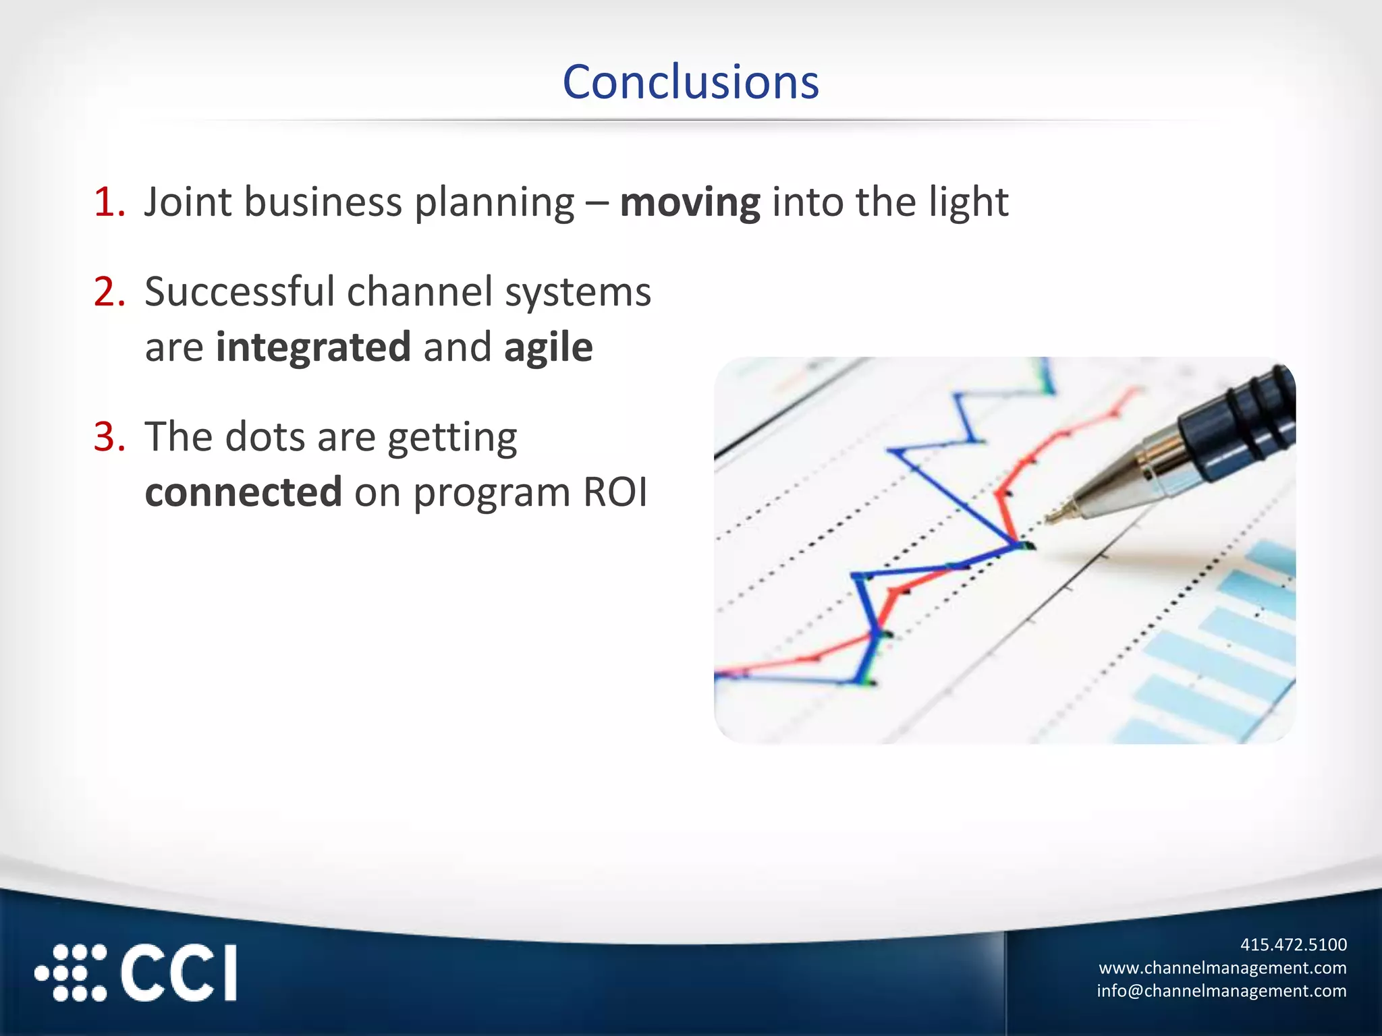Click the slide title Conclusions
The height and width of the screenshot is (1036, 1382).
(x=690, y=82)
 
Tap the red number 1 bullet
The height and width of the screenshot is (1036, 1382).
(x=108, y=202)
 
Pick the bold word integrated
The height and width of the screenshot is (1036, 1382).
(x=313, y=348)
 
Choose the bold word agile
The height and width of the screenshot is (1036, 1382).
(x=548, y=348)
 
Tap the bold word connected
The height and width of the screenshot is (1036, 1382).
(x=244, y=492)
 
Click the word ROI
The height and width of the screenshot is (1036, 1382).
(x=615, y=492)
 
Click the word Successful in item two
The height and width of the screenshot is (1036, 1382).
(x=240, y=292)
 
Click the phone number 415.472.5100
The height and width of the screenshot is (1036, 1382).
(x=1293, y=944)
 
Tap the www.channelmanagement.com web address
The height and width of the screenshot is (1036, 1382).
(x=1222, y=968)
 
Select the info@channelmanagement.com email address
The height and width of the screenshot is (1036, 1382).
(x=1221, y=991)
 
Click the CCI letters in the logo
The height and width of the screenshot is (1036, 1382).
(x=179, y=973)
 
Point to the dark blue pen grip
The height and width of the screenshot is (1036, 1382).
(x=1242, y=425)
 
